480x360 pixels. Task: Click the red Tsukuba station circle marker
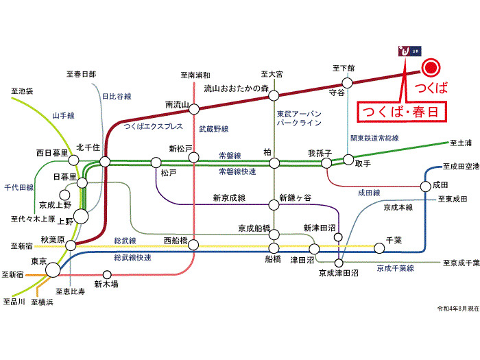430,68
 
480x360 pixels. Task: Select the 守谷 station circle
347,83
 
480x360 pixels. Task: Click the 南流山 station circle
195,108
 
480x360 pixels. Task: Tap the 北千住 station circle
104,162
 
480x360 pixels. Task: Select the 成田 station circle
426,185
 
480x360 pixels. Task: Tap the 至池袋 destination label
22,91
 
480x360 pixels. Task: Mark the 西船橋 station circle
195,245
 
